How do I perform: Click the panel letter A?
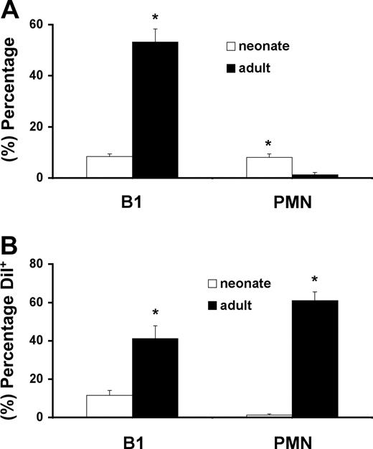tap(12, 11)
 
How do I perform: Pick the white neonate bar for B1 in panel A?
tap(109, 167)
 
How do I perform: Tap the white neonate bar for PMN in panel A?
tap(269, 167)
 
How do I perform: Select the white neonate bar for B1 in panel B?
tap(109, 406)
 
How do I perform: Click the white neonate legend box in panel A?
tap(232, 46)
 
